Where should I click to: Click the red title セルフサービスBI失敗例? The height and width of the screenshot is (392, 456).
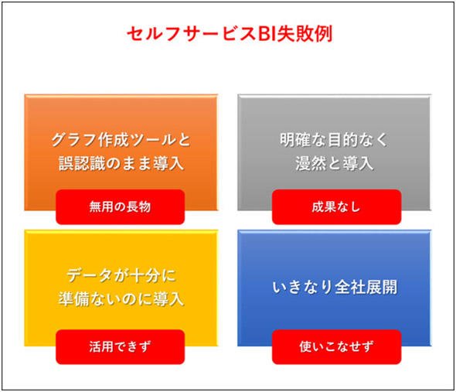pos(230,34)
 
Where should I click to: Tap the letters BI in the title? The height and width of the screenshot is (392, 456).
pos(267,34)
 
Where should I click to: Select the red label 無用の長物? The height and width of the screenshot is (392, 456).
pos(120,207)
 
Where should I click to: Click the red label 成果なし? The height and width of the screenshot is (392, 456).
pos(336,207)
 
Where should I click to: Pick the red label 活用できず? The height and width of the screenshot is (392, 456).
pos(120,346)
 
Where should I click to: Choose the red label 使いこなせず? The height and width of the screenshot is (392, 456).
pos(336,346)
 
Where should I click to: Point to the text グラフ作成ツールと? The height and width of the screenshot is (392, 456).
pos(121,140)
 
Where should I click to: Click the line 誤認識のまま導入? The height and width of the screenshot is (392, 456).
pos(121,163)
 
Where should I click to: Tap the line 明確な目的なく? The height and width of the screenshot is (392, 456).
pos(334,140)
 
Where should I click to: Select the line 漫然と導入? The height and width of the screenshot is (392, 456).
pos(334,163)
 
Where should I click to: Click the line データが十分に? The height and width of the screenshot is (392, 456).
pos(121,275)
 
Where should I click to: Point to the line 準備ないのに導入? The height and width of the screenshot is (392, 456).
pos(121,299)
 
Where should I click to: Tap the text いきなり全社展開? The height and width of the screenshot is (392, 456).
pos(335,287)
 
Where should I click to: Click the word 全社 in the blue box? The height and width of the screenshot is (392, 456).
pos(350,287)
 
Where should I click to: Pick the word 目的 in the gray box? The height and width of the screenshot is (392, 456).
pos(342,140)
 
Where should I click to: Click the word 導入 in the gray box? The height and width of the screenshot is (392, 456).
pos(358,163)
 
